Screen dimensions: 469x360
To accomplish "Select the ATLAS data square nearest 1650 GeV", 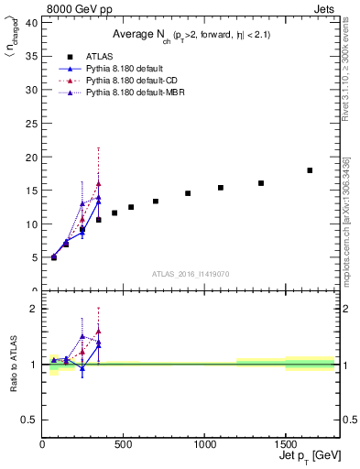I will click(x=310, y=170).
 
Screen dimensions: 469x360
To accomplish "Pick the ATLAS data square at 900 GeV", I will click(x=188, y=193).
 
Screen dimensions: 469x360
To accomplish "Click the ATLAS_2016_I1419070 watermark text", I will click(x=189, y=273).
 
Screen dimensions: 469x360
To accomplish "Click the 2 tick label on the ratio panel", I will click(x=35, y=309).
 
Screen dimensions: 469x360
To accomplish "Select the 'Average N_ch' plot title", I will click(x=191, y=35).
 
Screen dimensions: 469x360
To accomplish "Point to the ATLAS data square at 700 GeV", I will click(x=156, y=202).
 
